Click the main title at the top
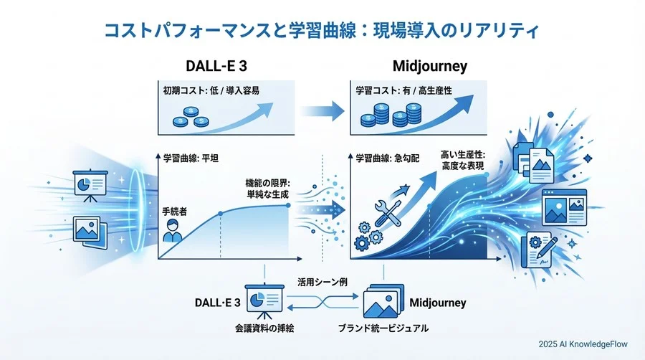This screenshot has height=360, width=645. (x=322, y=31)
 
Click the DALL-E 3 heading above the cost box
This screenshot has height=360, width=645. (x=201, y=67)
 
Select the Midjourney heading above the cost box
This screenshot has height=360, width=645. (x=430, y=67)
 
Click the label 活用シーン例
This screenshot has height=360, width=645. (x=322, y=283)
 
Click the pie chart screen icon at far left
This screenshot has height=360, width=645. (x=90, y=185)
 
